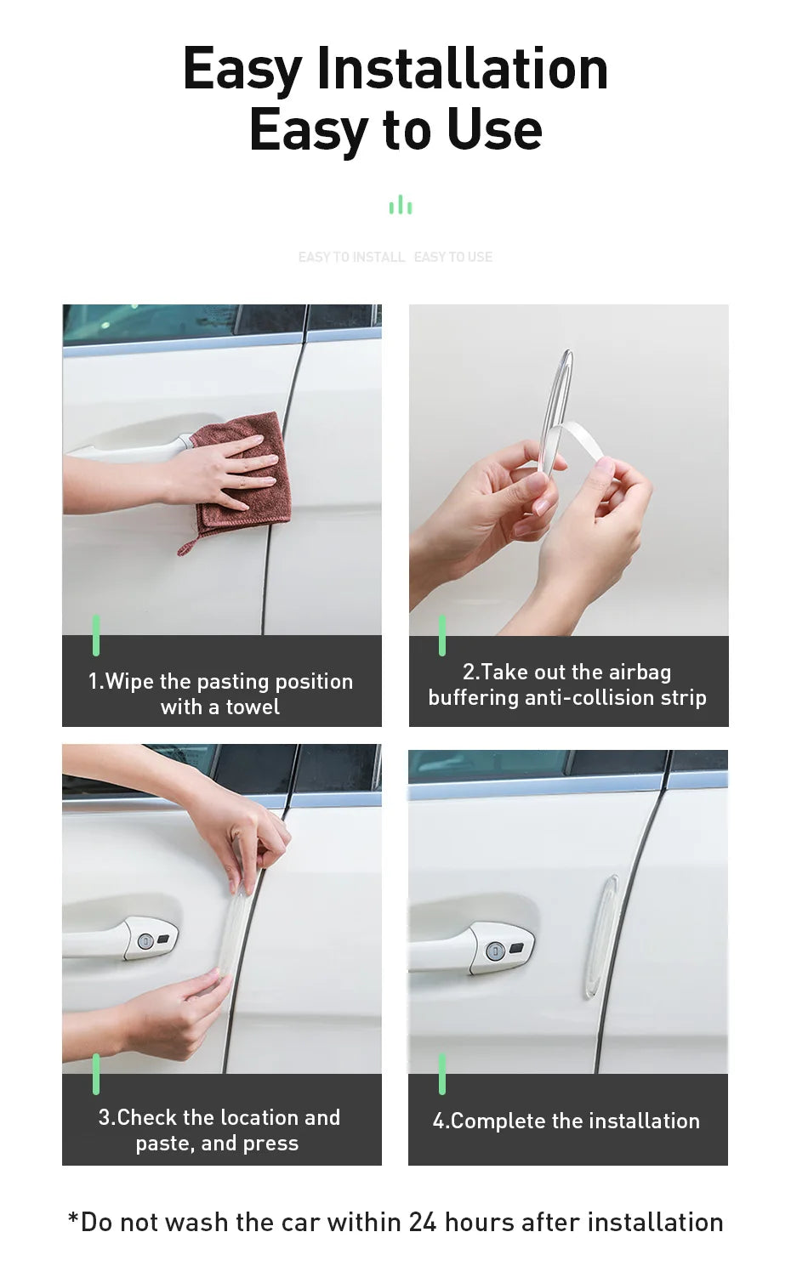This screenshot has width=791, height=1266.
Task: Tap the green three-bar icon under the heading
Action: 400,206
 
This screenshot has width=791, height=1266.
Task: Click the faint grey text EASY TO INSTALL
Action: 351,257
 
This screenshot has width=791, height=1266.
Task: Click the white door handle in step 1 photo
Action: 128,447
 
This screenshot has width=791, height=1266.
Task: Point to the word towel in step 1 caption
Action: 253,707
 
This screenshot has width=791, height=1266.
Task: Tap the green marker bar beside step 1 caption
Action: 96,635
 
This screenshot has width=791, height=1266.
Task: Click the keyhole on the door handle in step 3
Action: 145,940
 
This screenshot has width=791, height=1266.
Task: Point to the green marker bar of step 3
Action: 96,1074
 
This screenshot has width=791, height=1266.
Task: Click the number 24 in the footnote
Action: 423,1223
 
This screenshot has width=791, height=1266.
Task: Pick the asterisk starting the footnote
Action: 73,1219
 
